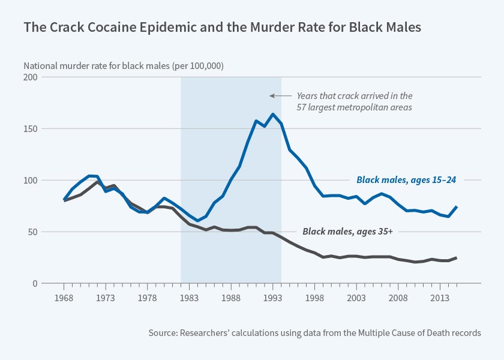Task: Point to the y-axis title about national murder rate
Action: pos(123,66)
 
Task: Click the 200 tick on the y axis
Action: pos(30,77)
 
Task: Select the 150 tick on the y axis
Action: pos(30,129)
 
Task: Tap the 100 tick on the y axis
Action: pos(30,180)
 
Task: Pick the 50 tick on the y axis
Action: pos(32,232)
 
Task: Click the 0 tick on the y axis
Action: pos(35,283)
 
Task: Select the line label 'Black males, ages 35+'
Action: pos(347,231)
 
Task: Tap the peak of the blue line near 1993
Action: pos(273,114)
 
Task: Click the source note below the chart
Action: pos(314,332)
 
